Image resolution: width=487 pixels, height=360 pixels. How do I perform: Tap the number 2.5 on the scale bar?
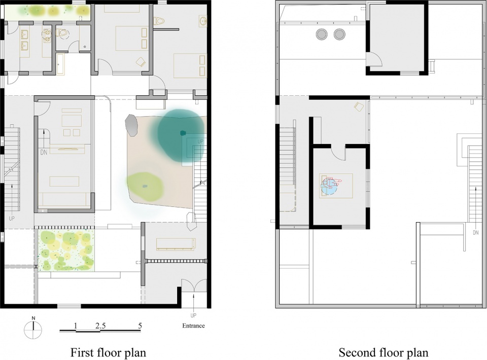[x=100, y=326]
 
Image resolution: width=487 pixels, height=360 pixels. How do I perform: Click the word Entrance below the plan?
[x=193, y=326]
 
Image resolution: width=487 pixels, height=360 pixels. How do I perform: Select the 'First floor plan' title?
[x=108, y=352]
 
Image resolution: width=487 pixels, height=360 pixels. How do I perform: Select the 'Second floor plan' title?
[x=384, y=352]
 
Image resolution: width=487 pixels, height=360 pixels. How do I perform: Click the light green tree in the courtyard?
[x=145, y=186]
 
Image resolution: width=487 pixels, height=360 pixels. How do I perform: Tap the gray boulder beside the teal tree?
[x=132, y=125]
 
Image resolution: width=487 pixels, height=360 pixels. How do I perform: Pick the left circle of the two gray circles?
[x=322, y=34]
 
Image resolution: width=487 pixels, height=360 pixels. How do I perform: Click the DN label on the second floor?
[x=476, y=232]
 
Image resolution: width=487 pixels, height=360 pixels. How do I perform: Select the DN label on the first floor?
[x=44, y=153]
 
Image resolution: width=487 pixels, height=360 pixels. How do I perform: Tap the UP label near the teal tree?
[x=200, y=141]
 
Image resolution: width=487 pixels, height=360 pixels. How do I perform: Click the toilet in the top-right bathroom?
[x=159, y=21]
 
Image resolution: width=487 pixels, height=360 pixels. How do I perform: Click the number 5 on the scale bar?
[x=140, y=326]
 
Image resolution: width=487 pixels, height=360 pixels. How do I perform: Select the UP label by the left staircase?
[x=12, y=218]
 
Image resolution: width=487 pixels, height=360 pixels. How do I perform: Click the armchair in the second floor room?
[x=359, y=106]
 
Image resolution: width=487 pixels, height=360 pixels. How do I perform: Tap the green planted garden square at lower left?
[x=66, y=250]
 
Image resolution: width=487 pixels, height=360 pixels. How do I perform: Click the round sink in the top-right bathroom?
[x=203, y=21]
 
